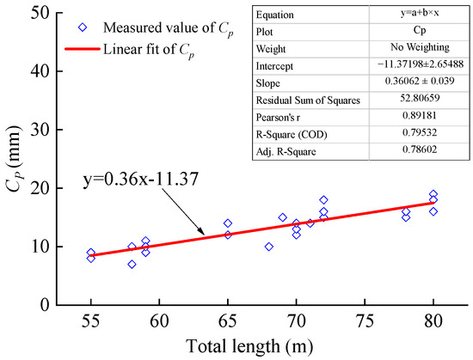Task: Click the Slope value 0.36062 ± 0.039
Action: pyautogui.click(x=414, y=84)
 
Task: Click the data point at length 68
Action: pyautogui.click(x=269, y=247)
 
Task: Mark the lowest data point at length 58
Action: pyautogui.click(x=132, y=264)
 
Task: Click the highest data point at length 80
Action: pyautogui.click(x=433, y=194)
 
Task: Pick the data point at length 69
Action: pyautogui.click(x=283, y=217)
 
